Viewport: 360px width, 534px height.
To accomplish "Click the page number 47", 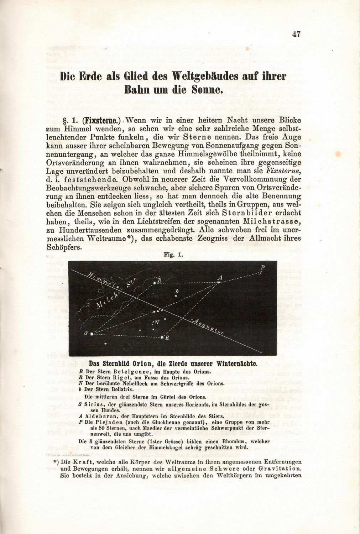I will click(x=296, y=34).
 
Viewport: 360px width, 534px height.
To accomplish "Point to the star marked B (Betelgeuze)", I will click(x=155, y=283).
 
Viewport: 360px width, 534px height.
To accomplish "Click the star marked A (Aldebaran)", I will click(x=218, y=283).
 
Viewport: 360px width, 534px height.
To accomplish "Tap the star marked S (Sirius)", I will click(x=92, y=334).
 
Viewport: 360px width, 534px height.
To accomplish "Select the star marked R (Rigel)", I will click(x=162, y=337).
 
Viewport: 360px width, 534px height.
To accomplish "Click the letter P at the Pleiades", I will click(x=262, y=267).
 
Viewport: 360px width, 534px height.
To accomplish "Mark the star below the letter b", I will click(x=176, y=296).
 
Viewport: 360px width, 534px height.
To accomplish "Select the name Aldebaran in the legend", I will click(x=102, y=416).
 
